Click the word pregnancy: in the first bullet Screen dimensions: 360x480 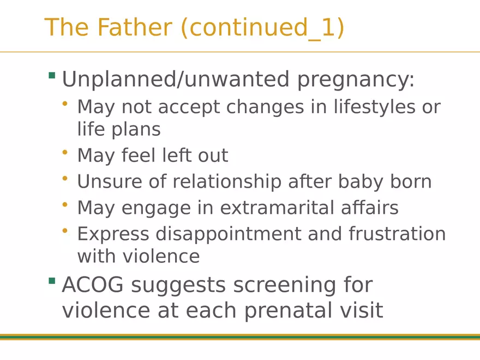click(x=356, y=80)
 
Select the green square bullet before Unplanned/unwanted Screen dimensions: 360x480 click(x=52, y=76)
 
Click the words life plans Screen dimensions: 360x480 click(x=119, y=130)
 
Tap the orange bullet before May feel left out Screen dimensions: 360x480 click(x=65, y=153)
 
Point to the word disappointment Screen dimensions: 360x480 click(x=228, y=234)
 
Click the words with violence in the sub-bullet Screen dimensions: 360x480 click(x=139, y=256)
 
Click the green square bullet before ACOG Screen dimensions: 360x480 click(x=52, y=281)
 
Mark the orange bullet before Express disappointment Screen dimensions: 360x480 click(x=65, y=231)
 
